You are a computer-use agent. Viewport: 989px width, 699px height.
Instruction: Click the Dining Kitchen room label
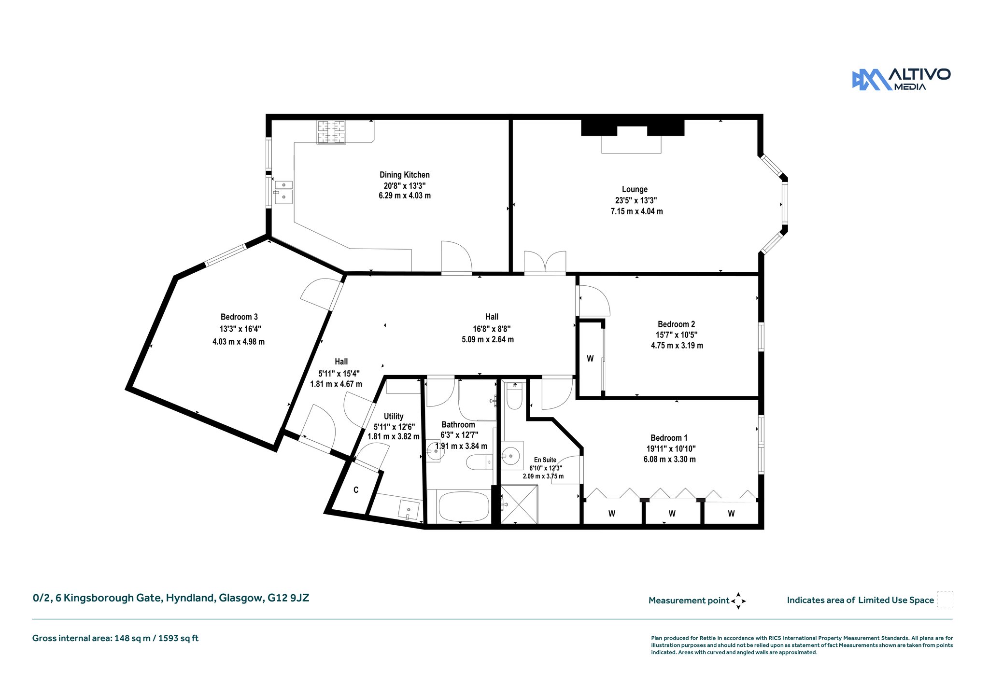(x=404, y=175)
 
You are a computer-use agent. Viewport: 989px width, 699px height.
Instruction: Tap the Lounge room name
(x=635, y=189)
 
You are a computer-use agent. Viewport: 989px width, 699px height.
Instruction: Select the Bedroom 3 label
(x=239, y=317)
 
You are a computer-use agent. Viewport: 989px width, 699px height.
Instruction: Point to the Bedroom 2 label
(x=676, y=324)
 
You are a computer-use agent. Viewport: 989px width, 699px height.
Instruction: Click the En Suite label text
(x=545, y=460)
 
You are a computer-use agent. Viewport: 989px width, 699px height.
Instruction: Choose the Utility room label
(x=394, y=416)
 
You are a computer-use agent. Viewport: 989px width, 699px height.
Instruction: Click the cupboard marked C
(x=356, y=489)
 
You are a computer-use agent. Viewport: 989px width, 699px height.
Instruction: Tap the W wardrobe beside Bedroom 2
(x=590, y=358)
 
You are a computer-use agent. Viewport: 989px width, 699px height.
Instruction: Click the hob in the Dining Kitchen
(x=331, y=132)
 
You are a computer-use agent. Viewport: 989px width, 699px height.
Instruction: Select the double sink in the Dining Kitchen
(x=284, y=192)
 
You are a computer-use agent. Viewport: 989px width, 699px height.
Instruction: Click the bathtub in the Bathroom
(x=463, y=506)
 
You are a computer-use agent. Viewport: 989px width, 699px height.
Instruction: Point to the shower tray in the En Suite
(x=519, y=504)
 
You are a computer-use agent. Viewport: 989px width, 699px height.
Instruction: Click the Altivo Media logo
(x=901, y=79)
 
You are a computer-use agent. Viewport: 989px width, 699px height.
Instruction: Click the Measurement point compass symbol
(x=738, y=601)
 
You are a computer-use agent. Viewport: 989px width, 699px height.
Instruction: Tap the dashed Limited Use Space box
(x=945, y=600)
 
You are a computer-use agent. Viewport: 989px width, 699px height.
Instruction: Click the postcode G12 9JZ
(x=288, y=598)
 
